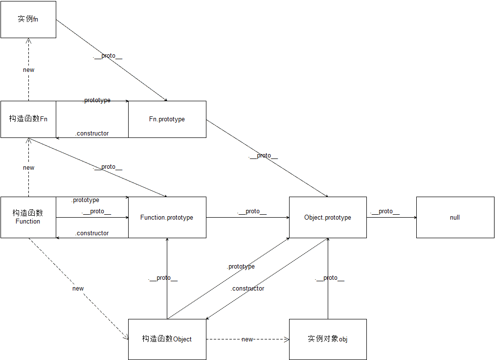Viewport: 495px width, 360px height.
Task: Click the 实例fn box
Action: pyautogui.click(x=28, y=20)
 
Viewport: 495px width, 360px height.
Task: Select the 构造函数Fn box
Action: pyautogui.click(x=28, y=119)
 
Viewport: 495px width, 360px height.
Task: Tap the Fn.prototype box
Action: pyautogui.click(x=167, y=119)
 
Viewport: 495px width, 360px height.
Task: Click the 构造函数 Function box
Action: pyautogui.click(x=28, y=217)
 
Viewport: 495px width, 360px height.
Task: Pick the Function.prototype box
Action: pyautogui.click(x=167, y=217)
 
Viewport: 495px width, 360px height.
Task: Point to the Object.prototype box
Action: pyautogui.click(x=328, y=217)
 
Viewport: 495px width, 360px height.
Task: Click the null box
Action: pyautogui.click(x=455, y=217)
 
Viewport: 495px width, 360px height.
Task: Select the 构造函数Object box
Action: pyautogui.click(x=167, y=339)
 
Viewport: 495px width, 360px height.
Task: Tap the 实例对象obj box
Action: pyautogui.click(x=328, y=339)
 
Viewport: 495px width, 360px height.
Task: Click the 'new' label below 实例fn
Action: pyautogui.click(x=29, y=69)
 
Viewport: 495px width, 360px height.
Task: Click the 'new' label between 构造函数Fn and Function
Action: pyautogui.click(x=29, y=167)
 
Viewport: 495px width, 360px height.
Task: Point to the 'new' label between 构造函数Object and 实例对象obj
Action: pyautogui.click(x=247, y=339)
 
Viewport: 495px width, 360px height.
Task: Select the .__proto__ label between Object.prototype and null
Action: pyautogui.click(x=385, y=211)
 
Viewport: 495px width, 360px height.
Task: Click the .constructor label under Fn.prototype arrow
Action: pyautogui.click(x=92, y=133)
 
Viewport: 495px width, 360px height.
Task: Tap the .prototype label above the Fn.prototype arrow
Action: pyautogui.click(x=96, y=100)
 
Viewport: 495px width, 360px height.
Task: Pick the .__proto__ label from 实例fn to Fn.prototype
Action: pyautogui.click(x=108, y=56)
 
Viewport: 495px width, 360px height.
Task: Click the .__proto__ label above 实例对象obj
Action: pyautogui.click(x=330, y=278)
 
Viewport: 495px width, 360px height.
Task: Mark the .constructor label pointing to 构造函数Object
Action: pyautogui.click(x=247, y=289)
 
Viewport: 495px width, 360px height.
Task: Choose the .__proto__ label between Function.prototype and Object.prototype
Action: pyautogui.click(x=252, y=211)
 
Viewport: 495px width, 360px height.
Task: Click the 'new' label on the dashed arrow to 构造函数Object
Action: pyautogui.click(x=78, y=288)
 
